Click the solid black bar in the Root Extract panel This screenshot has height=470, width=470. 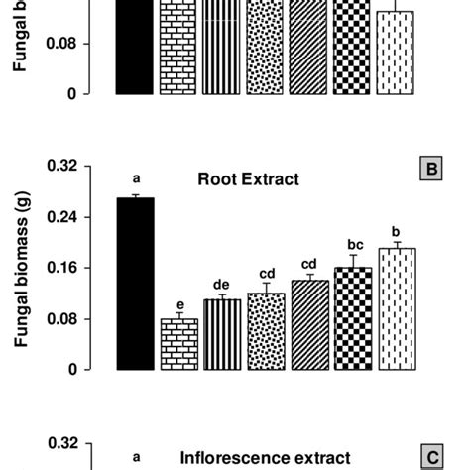pos(135,284)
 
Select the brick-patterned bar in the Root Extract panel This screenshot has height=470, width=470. pos(178,344)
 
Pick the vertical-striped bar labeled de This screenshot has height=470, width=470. pos(222,334)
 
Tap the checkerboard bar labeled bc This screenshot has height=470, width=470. pos(352,318)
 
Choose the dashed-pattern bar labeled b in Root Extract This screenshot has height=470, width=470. pos(396,308)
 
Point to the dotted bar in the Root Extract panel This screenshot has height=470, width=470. pos(266,331)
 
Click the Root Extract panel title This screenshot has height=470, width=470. pos(248,179)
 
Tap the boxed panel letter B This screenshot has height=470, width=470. pos(432,169)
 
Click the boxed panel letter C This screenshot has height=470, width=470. pos(432,457)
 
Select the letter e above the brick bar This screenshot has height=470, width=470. pos(178,305)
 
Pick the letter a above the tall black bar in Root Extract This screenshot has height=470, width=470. pos(136,179)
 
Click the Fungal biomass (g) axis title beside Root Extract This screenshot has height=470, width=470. pos(19,269)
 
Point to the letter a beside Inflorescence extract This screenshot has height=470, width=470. pos(136,457)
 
